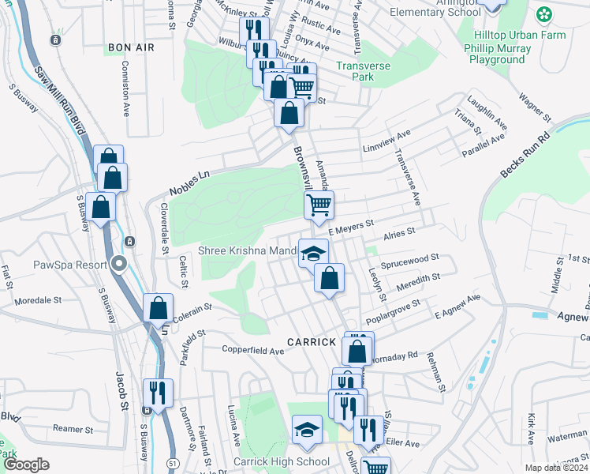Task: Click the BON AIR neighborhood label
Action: pos(131,48)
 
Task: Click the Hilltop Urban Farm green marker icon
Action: pos(543,14)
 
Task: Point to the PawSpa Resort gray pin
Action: pos(119,264)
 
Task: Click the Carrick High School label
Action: pos(281,461)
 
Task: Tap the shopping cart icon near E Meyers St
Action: pos(319,205)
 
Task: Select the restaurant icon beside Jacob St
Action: pos(158,392)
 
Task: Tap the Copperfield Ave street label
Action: pos(252,350)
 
